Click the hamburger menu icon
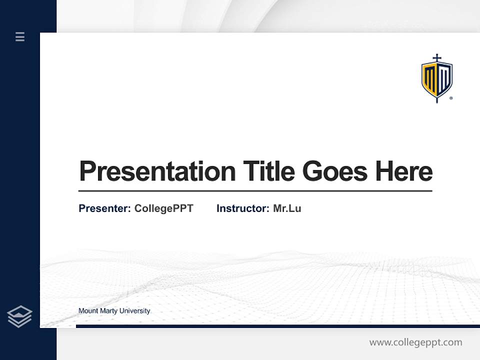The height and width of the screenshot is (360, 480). point(20,36)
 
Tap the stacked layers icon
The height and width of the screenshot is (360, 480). point(20,316)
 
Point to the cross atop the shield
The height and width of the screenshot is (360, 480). point(437,58)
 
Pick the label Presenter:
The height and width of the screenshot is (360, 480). point(105,208)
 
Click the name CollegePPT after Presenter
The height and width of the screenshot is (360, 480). point(163,208)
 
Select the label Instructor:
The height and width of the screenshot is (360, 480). point(243,208)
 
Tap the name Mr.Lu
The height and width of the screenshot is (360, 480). point(287,208)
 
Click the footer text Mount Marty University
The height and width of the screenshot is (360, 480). point(114,311)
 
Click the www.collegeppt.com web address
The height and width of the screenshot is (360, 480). point(415,342)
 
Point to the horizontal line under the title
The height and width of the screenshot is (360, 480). point(255,191)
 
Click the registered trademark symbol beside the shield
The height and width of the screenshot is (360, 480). point(451,98)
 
